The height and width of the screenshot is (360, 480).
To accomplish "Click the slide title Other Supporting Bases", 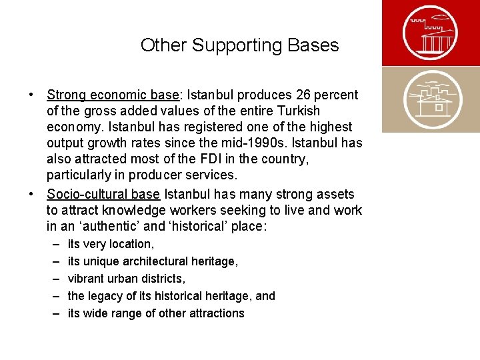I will [239, 45].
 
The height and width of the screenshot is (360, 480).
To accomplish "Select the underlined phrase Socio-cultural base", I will [103, 194].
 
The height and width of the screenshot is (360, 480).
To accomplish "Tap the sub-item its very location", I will [111, 244].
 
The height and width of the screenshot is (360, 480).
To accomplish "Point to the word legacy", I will [104, 296].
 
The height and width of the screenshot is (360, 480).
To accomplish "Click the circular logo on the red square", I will [431, 33].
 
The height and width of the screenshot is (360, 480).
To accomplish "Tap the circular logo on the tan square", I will [431, 99].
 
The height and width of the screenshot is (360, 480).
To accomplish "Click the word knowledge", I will [132, 211].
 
